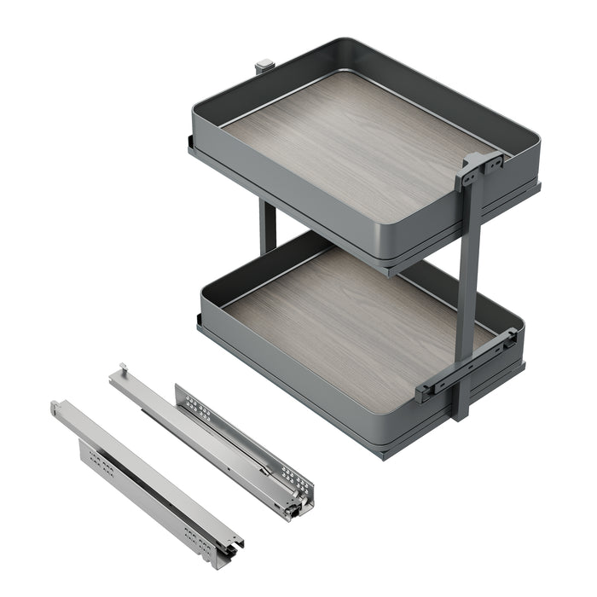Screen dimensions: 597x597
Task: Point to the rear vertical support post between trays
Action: point(268,225)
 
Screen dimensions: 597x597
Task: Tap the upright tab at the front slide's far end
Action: point(56,408)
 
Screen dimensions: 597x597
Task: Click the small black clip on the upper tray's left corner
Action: point(189,142)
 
